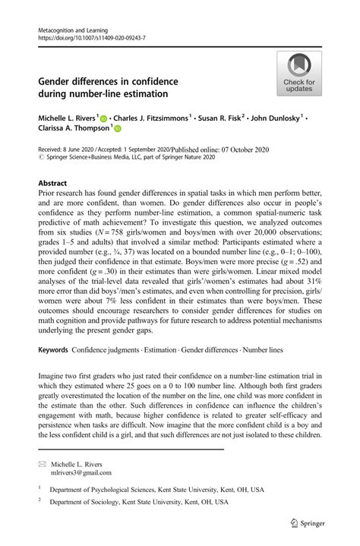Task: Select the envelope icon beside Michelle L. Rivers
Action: (x=43, y=462)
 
